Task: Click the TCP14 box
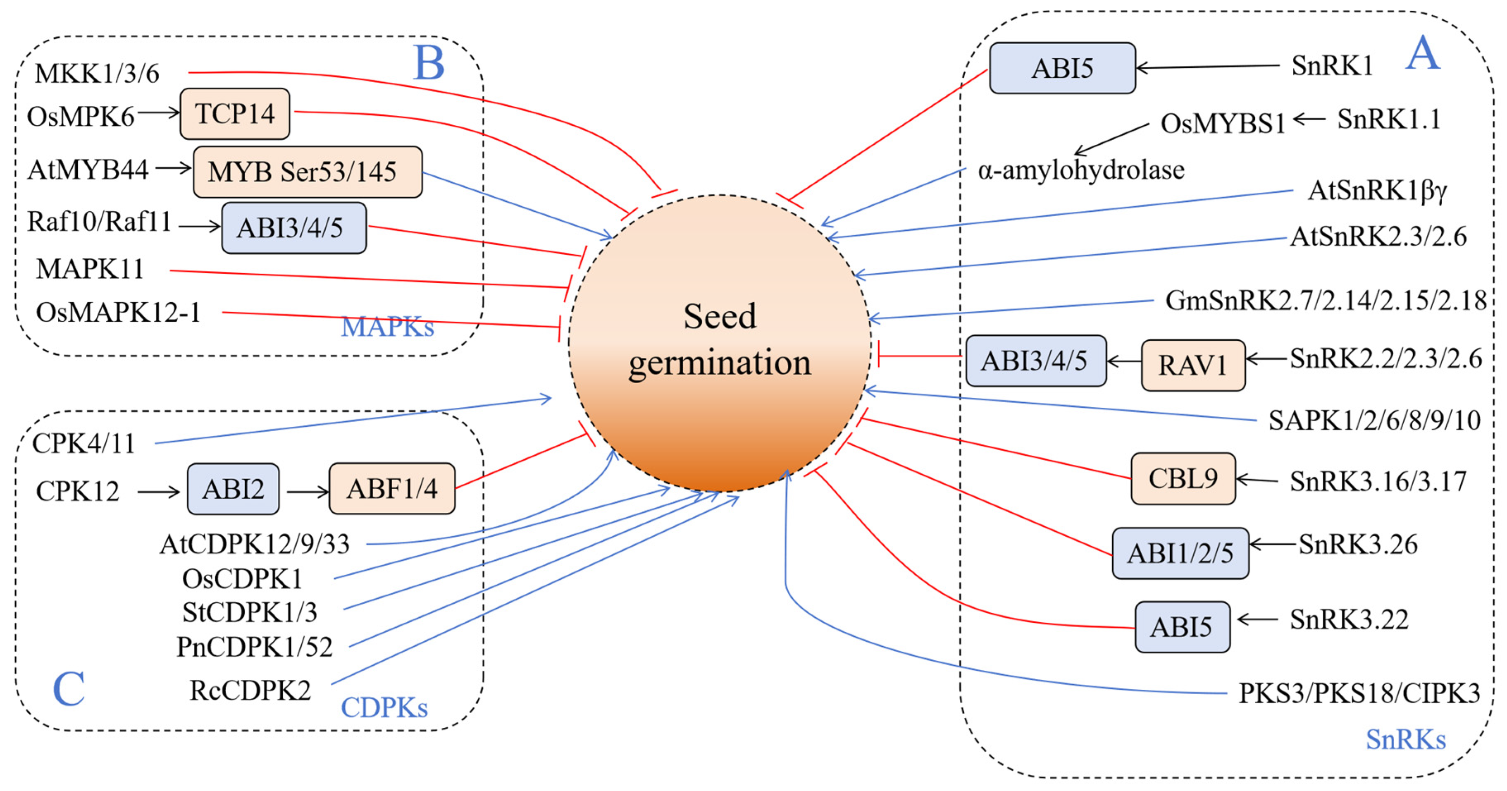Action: pos(235,113)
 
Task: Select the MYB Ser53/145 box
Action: pos(307,172)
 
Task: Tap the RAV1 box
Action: pos(1193,365)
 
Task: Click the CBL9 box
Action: pos(1183,478)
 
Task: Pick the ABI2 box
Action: pos(233,489)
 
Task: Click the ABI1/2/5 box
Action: pos(1180,553)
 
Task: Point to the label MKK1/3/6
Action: pos(97,74)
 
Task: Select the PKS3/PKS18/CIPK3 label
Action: pos(1359,693)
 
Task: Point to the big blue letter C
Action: pos(69,688)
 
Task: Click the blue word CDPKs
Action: pos(384,707)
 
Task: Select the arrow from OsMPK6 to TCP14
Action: pos(158,112)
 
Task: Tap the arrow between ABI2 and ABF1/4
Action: pos(307,492)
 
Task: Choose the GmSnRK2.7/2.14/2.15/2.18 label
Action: pos(1325,301)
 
